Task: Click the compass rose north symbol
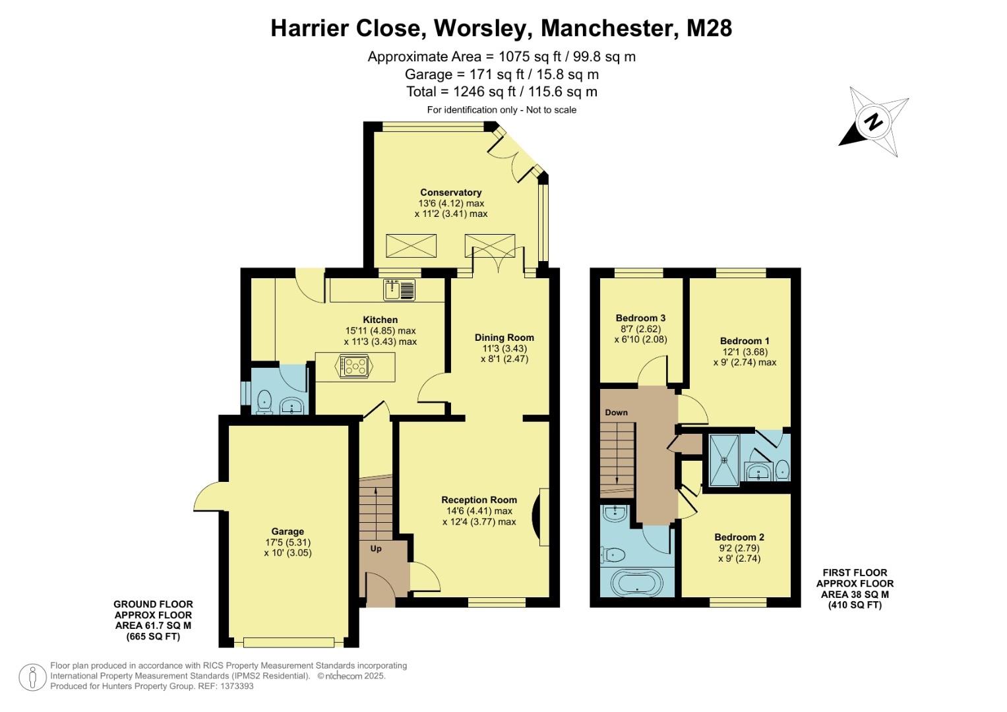tap(874, 122)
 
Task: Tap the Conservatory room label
tap(450, 193)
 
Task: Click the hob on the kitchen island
tap(354, 366)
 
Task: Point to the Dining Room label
tap(504, 338)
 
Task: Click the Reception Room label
tap(479, 500)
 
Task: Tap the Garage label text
tap(288, 531)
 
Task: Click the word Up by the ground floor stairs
tap(375, 549)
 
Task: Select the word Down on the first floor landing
tap(616, 413)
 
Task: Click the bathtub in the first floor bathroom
tap(636, 583)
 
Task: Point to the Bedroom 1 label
tap(744, 341)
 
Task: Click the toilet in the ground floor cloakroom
tap(264, 401)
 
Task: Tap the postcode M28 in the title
tap(709, 28)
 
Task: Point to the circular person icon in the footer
tap(32, 677)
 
